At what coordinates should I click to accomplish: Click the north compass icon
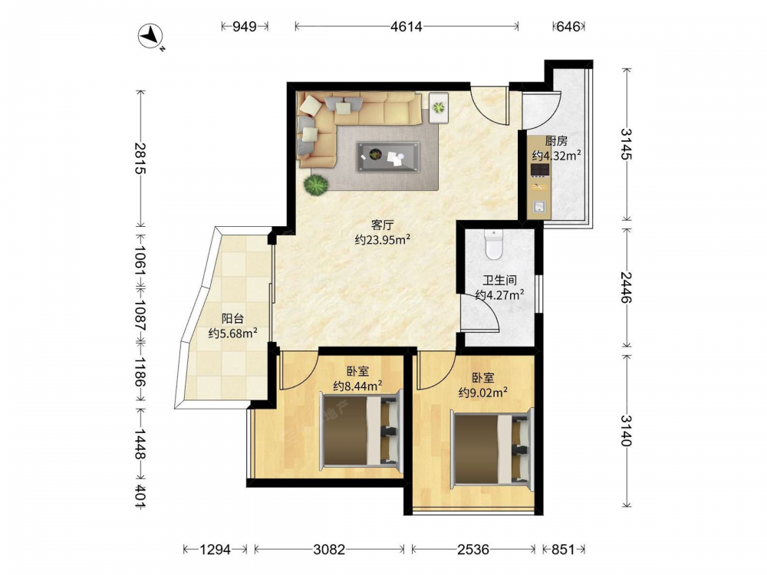152,36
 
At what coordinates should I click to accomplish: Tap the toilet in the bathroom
493,245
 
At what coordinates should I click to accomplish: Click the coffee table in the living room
388,156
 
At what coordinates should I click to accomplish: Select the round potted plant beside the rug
315,185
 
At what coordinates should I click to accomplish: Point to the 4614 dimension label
406,26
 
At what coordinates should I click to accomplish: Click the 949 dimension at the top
244,26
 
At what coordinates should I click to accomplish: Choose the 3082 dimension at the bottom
329,550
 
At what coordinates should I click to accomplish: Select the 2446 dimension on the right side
626,287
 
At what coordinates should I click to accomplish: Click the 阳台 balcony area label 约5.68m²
233,334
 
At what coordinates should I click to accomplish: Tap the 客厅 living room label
382,225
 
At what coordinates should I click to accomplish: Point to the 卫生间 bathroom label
500,281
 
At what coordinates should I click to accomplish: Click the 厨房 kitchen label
556,141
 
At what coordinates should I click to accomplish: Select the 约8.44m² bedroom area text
357,386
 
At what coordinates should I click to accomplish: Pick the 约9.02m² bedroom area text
482,392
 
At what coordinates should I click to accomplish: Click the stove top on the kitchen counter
539,169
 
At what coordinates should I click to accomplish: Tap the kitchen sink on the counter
539,207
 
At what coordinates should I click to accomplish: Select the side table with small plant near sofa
438,107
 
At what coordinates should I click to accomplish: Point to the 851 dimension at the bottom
563,550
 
